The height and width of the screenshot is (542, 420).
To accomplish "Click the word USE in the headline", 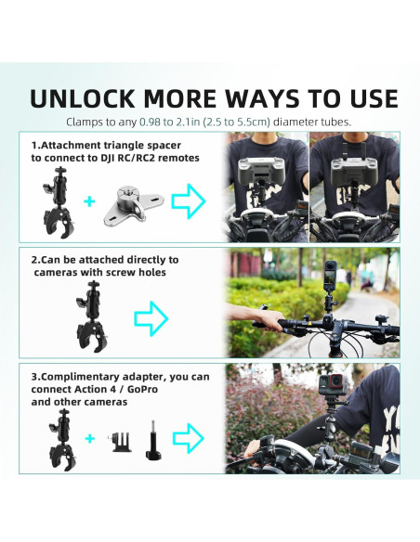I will (364, 98).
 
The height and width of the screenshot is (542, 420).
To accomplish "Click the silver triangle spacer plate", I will (135, 200).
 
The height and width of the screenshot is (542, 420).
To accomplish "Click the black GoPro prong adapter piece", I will (121, 439).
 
